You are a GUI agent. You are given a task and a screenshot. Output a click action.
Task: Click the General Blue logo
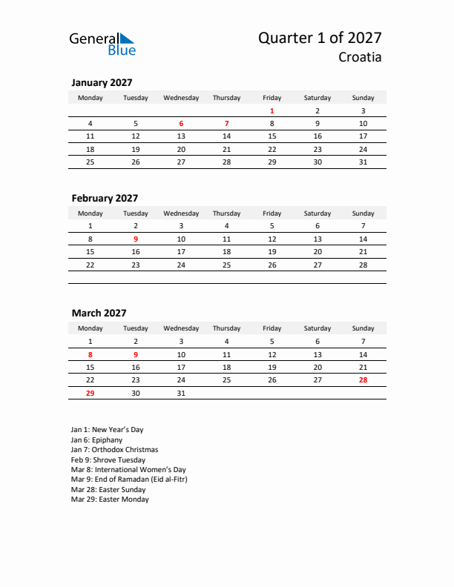click(x=102, y=44)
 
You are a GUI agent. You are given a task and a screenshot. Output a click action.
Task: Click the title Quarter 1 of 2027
click(x=320, y=38)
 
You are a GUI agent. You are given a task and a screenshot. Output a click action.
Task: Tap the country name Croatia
click(x=360, y=57)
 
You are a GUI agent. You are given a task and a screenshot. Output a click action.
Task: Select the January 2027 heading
click(x=102, y=83)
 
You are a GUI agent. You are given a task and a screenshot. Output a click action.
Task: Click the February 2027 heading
click(x=105, y=198)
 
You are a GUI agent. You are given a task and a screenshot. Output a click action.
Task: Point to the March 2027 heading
click(x=99, y=313)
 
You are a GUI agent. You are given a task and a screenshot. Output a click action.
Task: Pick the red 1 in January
click(x=272, y=110)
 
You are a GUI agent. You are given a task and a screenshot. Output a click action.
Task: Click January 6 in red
click(x=181, y=124)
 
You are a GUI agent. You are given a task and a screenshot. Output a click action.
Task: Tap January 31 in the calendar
click(x=363, y=162)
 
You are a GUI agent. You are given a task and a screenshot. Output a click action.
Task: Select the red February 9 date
click(x=135, y=239)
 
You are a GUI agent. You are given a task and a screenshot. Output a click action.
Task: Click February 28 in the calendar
click(x=363, y=265)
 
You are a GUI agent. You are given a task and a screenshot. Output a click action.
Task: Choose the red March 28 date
click(x=363, y=379)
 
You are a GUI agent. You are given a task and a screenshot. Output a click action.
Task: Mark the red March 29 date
click(x=91, y=393)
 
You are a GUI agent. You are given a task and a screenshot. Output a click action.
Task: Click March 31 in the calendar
click(x=181, y=393)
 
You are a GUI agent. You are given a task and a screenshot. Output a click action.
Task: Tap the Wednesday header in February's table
click(x=181, y=213)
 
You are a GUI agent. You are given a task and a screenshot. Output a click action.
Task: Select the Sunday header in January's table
click(x=363, y=98)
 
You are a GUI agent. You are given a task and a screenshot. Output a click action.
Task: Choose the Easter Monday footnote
click(x=110, y=500)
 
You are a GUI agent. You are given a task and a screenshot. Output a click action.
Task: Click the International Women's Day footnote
click(x=128, y=470)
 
